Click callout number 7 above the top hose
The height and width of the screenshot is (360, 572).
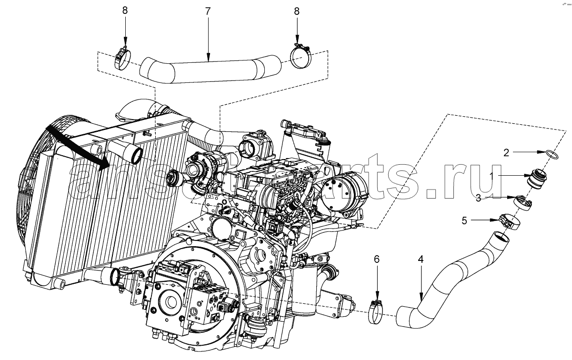click(x=208, y=11)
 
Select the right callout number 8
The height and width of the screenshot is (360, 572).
click(x=297, y=11)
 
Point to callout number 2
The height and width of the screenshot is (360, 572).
click(x=507, y=153)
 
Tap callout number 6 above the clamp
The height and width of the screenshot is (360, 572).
click(x=376, y=259)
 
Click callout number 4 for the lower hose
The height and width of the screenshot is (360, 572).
click(x=420, y=259)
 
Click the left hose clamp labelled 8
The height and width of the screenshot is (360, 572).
click(x=123, y=60)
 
